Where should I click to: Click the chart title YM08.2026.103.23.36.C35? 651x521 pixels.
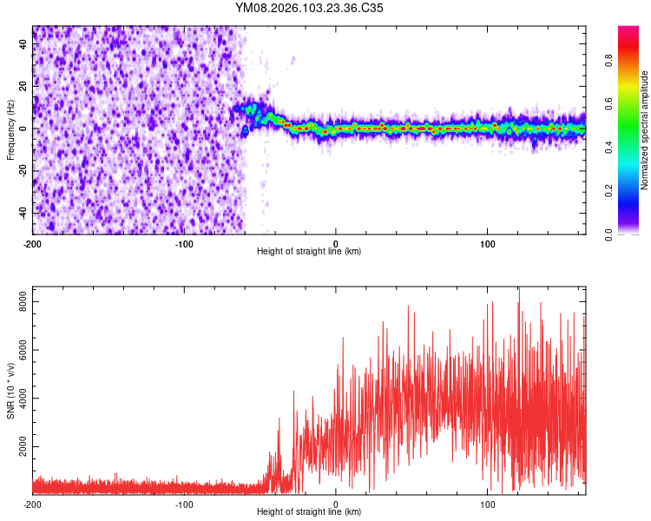tap(310, 9)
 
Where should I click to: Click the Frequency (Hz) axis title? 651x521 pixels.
tap(10, 129)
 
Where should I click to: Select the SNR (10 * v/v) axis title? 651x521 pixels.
tap(10, 390)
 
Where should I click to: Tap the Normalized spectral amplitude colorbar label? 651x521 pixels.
tap(644, 130)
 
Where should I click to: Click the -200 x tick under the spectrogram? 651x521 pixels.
tap(33, 242)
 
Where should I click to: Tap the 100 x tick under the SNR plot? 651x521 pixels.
tap(488, 504)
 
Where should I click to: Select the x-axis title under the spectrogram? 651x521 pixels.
tap(309, 252)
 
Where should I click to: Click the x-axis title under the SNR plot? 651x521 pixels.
tap(309, 512)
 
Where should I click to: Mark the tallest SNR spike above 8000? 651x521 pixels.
tap(519, 289)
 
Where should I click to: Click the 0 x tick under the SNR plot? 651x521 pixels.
tap(336, 504)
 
